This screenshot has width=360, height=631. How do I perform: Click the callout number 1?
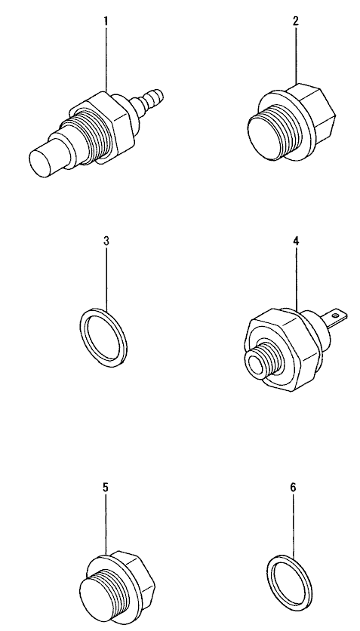click(x=106, y=20)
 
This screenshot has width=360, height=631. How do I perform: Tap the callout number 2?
click(x=296, y=20)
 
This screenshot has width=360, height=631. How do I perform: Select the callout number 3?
click(x=106, y=241)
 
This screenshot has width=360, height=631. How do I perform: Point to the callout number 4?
click(x=296, y=241)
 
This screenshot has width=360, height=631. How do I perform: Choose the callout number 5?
click(x=106, y=488)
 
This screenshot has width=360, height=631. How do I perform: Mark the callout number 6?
click(x=293, y=488)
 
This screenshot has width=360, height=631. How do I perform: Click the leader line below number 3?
click(x=107, y=279)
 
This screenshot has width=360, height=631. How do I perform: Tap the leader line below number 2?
click(x=296, y=55)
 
